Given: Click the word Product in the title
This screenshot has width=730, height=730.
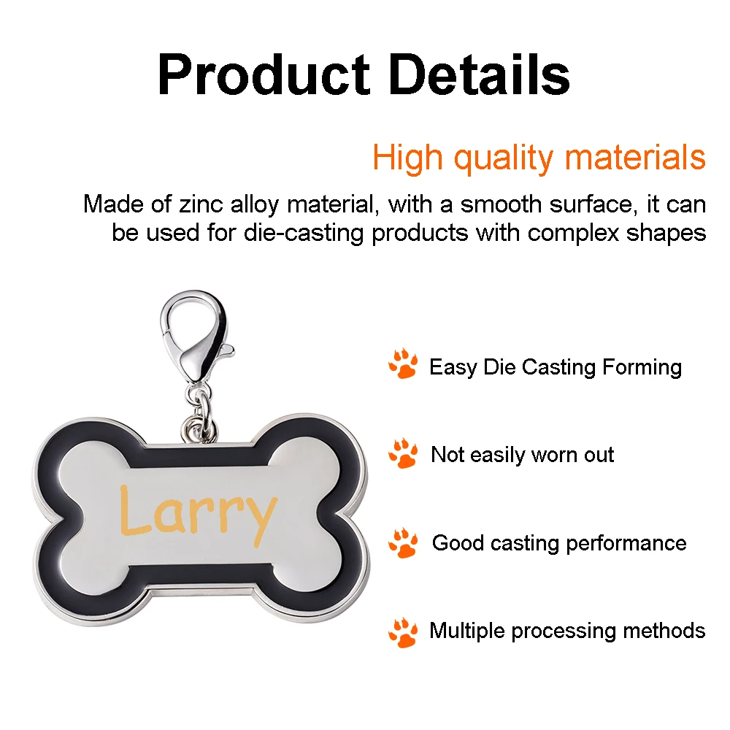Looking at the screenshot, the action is [x=264, y=74].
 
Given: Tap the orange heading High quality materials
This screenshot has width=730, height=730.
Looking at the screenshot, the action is [x=539, y=159].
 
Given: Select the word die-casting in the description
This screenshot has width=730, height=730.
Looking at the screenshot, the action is [x=303, y=232].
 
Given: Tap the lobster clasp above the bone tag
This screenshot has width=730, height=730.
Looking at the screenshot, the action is [x=195, y=335].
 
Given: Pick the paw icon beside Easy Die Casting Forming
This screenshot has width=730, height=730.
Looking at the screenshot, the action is [x=403, y=364].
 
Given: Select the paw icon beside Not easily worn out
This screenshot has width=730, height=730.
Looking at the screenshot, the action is [x=403, y=453].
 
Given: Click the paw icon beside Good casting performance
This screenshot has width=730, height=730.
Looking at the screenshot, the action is [x=403, y=542].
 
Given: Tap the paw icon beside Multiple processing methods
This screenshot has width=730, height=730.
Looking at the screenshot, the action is [x=403, y=632].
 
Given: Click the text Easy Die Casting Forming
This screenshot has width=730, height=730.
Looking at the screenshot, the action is [x=556, y=367].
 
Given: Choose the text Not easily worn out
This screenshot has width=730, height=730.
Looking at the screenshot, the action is [x=523, y=455].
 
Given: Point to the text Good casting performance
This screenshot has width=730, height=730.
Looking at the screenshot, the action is [x=559, y=543].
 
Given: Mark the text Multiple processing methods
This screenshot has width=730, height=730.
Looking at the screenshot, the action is [x=567, y=631].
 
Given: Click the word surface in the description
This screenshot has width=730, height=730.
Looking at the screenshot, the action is [x=590, y=204].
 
